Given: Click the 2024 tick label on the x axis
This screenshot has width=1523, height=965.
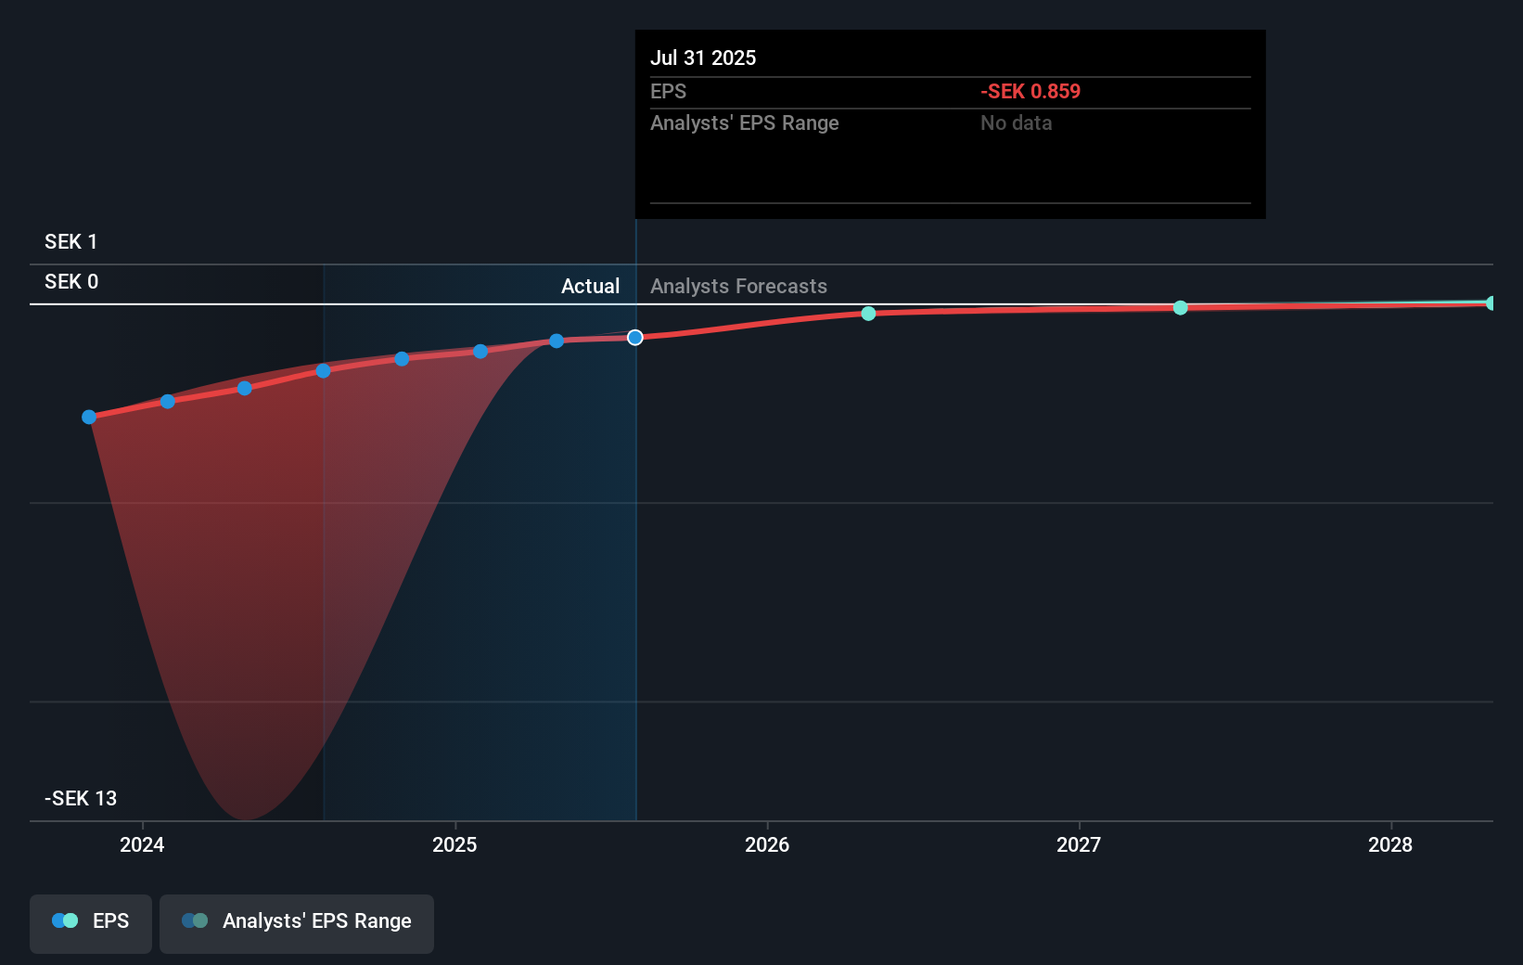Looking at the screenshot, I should pyautogui.click(x=142, y=844).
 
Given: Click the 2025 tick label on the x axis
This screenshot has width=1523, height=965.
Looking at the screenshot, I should pyautogui.click(x=454, y=844).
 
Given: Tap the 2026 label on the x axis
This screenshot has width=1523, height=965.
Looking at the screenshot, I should pyautogui.click(x=767, y=844).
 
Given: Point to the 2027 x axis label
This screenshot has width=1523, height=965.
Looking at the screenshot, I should pyautogui.click(x=1079, y=844).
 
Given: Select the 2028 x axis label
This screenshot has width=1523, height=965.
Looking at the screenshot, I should pyautogui.click(x=1390, y=844).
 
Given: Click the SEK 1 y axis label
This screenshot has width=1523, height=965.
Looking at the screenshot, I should pyautogui.click(x=70, y=242).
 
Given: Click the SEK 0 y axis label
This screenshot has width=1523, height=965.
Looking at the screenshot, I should pyautogui.click(x=70, y=282).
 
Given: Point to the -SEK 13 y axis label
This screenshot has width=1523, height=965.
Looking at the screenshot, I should pyautogui.click(x=81, y=799).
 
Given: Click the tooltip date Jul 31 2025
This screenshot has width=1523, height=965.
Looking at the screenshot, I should pyautogui.click(x=703, y=58).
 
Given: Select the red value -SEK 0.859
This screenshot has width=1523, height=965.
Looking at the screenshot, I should pyautogui.click(x=1030, y=92).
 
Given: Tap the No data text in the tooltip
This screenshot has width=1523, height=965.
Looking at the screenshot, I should pyautogui.click(x=1016, y=123).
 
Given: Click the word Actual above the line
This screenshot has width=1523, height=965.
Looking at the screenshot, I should pyautogui.click(x=590, y=287).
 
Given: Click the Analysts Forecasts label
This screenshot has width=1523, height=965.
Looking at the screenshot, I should pyautogui.click(x=738, y=287).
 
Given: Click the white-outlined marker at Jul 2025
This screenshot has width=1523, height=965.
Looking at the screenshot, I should pyautogui.click(x=635, y=338).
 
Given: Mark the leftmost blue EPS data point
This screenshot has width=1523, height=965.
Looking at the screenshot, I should pyautogui.click(x=89, y=418).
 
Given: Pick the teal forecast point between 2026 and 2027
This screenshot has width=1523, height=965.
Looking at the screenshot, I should pyautogui.click(x=868, y=314).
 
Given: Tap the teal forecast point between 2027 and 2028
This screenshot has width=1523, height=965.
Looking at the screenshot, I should pyautogui.click(x=1180, y=308).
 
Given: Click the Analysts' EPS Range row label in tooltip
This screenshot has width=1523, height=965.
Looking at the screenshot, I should pyautogui.click(x=744, y=123).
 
